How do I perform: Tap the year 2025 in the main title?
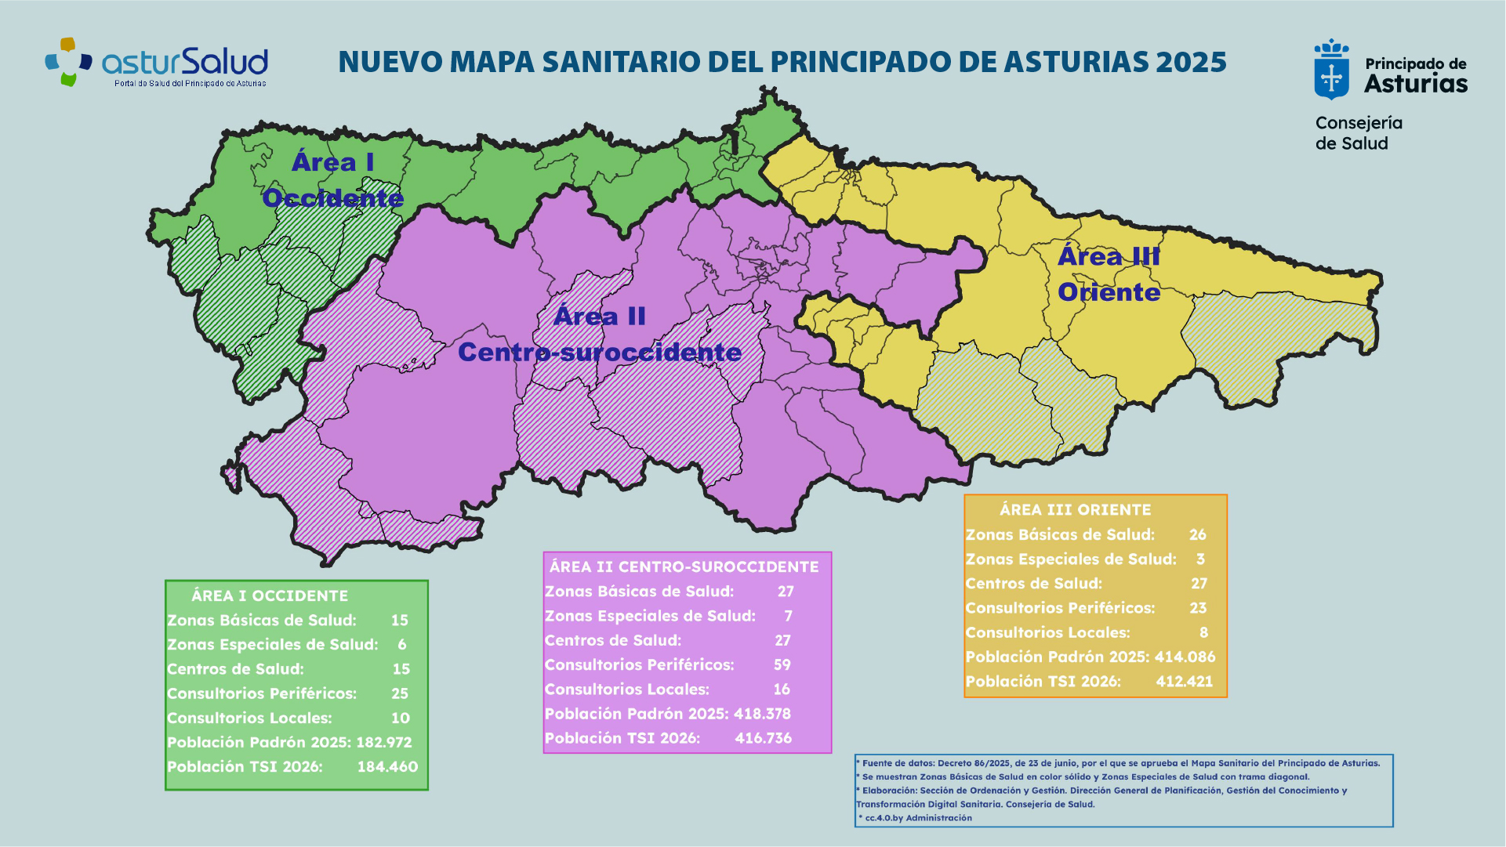click(x=1191, y=62)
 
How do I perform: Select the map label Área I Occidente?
click(x=333, y=180)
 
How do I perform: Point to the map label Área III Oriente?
click(x=1109, y=274)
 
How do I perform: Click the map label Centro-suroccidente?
click(x=600, y=353)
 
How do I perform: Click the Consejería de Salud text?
click(x=1358, y=133)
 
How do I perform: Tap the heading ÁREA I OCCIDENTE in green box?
click(x=270, y=595)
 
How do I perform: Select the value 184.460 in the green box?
click(x=387, y=766)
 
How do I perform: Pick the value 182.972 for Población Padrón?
click(x=383, y=742)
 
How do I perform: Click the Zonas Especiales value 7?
click(x=788, y=616)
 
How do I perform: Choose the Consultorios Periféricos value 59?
click(x=782, y=664)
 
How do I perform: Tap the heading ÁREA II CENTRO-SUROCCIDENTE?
click(x=684, y=566)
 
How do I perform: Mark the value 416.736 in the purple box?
click(x=763, y=738)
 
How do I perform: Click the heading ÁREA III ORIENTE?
click(x=1075, y=509)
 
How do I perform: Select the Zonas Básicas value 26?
click(x=1197, y=534)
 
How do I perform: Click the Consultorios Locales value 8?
click(x=1203, y=632)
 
